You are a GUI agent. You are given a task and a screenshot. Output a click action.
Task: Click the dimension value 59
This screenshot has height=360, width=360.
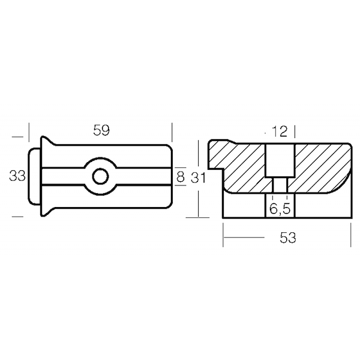101,130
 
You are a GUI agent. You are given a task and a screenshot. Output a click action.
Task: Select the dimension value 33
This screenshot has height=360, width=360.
17,176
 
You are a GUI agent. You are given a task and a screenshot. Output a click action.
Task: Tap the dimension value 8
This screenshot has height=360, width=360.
181,177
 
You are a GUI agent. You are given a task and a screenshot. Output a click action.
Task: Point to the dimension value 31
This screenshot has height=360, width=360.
198,178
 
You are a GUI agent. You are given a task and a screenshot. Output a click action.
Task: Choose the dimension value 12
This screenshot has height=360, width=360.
280,131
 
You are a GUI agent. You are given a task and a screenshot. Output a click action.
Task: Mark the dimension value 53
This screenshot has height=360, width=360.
288,238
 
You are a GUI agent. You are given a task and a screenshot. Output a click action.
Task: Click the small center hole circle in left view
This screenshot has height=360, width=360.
101,176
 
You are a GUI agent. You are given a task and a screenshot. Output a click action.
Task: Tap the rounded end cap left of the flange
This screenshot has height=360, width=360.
34,176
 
